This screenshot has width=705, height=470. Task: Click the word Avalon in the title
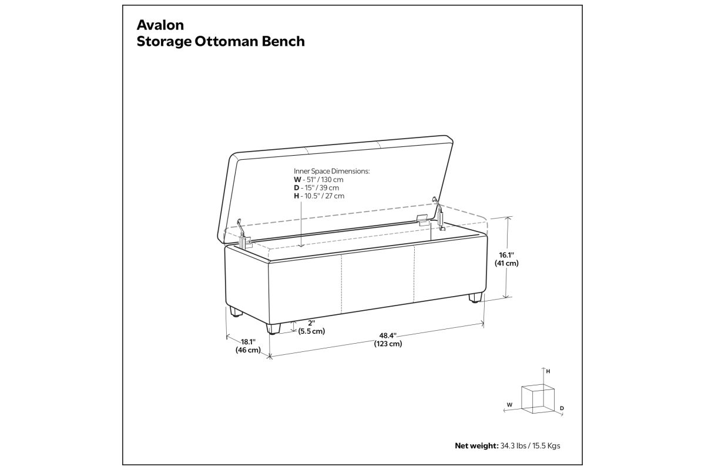tap(160, 25)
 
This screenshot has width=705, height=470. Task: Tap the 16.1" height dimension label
tap(506, 255)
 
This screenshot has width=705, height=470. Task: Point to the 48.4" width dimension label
tap(388, 335)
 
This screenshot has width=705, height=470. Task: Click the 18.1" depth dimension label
tap(248, 341)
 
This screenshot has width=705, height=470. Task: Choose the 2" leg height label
tap(311, 323)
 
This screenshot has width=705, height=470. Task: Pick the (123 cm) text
tap(388, 344)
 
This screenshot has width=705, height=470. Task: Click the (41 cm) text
tap(506, 263)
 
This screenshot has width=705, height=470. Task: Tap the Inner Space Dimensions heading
tap(332, 171)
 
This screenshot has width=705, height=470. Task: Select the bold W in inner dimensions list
tap(297, 180)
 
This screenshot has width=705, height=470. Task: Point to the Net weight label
tap(476, 446)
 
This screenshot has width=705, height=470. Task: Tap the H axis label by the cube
tap(548, 371)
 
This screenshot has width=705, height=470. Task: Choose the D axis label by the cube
tap(562, 408)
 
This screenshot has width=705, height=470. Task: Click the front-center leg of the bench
tap(273, 328)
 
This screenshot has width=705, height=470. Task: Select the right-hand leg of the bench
tap(475, 298)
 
